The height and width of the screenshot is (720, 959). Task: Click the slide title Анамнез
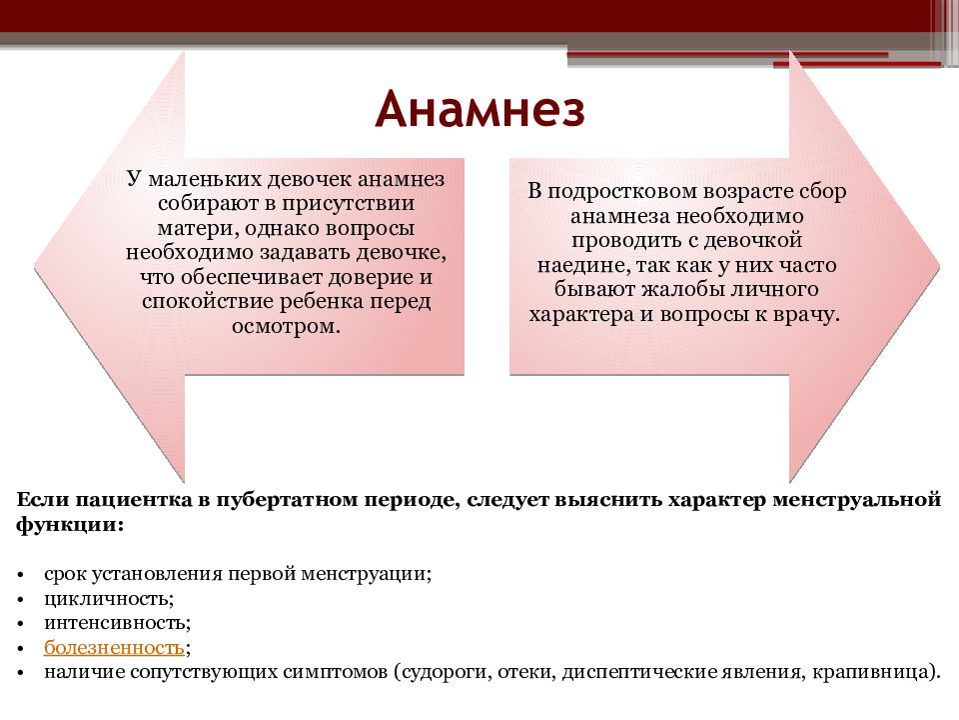(x=480, y=110)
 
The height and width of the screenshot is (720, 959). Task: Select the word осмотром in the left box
(x=286, y=326)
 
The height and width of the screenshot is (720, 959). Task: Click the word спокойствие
(x=209, y=302)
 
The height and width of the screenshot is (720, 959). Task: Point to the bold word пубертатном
(x=287, y=501)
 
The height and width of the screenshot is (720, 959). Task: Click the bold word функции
(x=70, y=525)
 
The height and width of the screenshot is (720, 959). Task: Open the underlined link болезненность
(x=114, y=647)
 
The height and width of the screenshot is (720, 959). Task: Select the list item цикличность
(x=109, y=598)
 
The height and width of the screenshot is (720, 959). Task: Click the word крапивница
(x=873, y=672)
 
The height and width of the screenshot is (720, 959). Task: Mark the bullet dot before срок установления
(x=21, y=576)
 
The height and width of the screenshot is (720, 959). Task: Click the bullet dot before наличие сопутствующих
(x=21, y=673)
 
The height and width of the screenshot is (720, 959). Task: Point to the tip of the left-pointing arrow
(x=34, y=266)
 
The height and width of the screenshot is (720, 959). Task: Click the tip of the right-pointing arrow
(x=939, y=266)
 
